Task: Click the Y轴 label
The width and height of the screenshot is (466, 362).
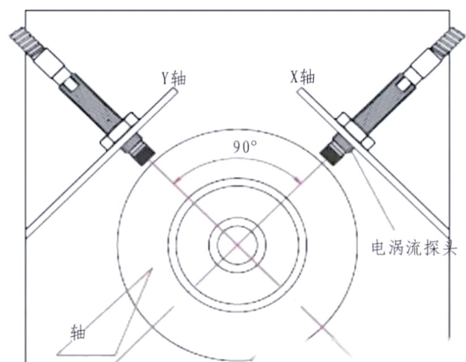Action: click(x=173, y=78)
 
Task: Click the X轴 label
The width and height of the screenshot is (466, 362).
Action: click(x=302, y=77)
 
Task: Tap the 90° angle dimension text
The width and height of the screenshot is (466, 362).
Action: click(x=244, y=146)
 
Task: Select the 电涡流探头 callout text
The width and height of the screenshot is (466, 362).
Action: click(x=414, y=247)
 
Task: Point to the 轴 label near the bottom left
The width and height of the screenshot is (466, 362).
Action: click(x=78, y=332)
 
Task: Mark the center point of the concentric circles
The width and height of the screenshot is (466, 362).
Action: click(x=237, y=245)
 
